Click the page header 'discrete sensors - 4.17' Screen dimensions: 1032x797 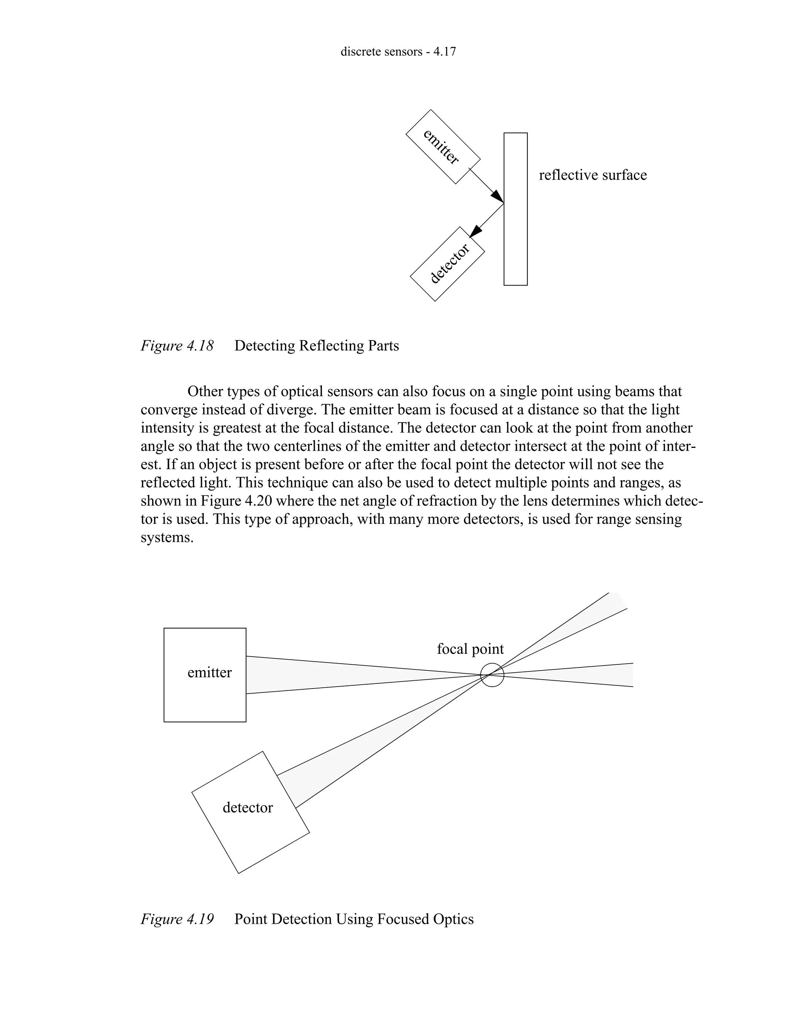click(x=398, y=51)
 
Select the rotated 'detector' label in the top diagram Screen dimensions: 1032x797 click(x=449, y=264)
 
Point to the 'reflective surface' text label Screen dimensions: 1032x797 click(x=593, y=175)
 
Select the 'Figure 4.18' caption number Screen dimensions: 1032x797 click(x=177, y=346)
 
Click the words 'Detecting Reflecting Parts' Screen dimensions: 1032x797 click(x=316, y=346)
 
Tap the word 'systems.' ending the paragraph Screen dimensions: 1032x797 click(x=167, y=538)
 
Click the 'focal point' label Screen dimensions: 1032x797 click(x=470, y=649)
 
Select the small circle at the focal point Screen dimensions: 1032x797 click(x=492, y=675)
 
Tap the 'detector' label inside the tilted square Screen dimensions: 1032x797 click(x=248, y=808)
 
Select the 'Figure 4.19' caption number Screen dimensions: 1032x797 click(x=177, y=919)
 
